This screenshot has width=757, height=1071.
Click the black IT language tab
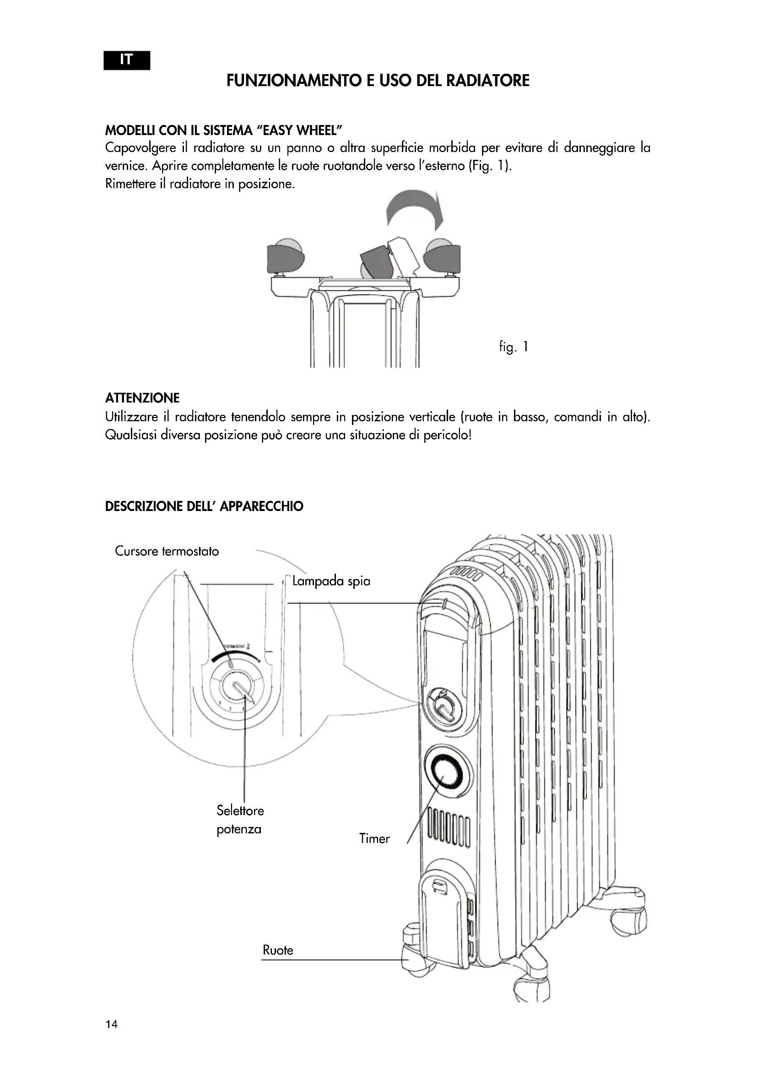point(127,60)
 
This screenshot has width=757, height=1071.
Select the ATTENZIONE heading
point(142,398)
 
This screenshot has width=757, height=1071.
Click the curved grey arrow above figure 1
point(414,208)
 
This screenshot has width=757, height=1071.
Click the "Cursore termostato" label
point(167,551)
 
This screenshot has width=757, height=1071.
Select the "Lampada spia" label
point(331,581)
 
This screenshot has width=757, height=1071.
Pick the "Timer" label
point(374,839)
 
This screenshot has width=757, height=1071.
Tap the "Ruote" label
point(278,950)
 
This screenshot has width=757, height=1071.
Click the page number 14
point(112,1024)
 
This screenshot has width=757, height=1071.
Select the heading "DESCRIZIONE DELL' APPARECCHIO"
point(204,506)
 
